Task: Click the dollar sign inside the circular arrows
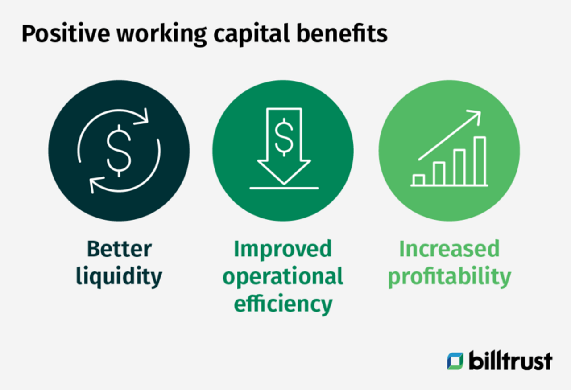(119, 151)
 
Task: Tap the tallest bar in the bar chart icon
(480, 160)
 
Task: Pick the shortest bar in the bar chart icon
(418, 180)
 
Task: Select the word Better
(119, 249)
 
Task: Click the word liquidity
(119, 277)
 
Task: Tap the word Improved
(283, 249)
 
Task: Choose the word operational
(283, 277)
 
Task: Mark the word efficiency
(283, 304)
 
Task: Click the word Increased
(449, 249)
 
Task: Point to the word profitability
(449, 277)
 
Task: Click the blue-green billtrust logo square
(455, 361)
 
